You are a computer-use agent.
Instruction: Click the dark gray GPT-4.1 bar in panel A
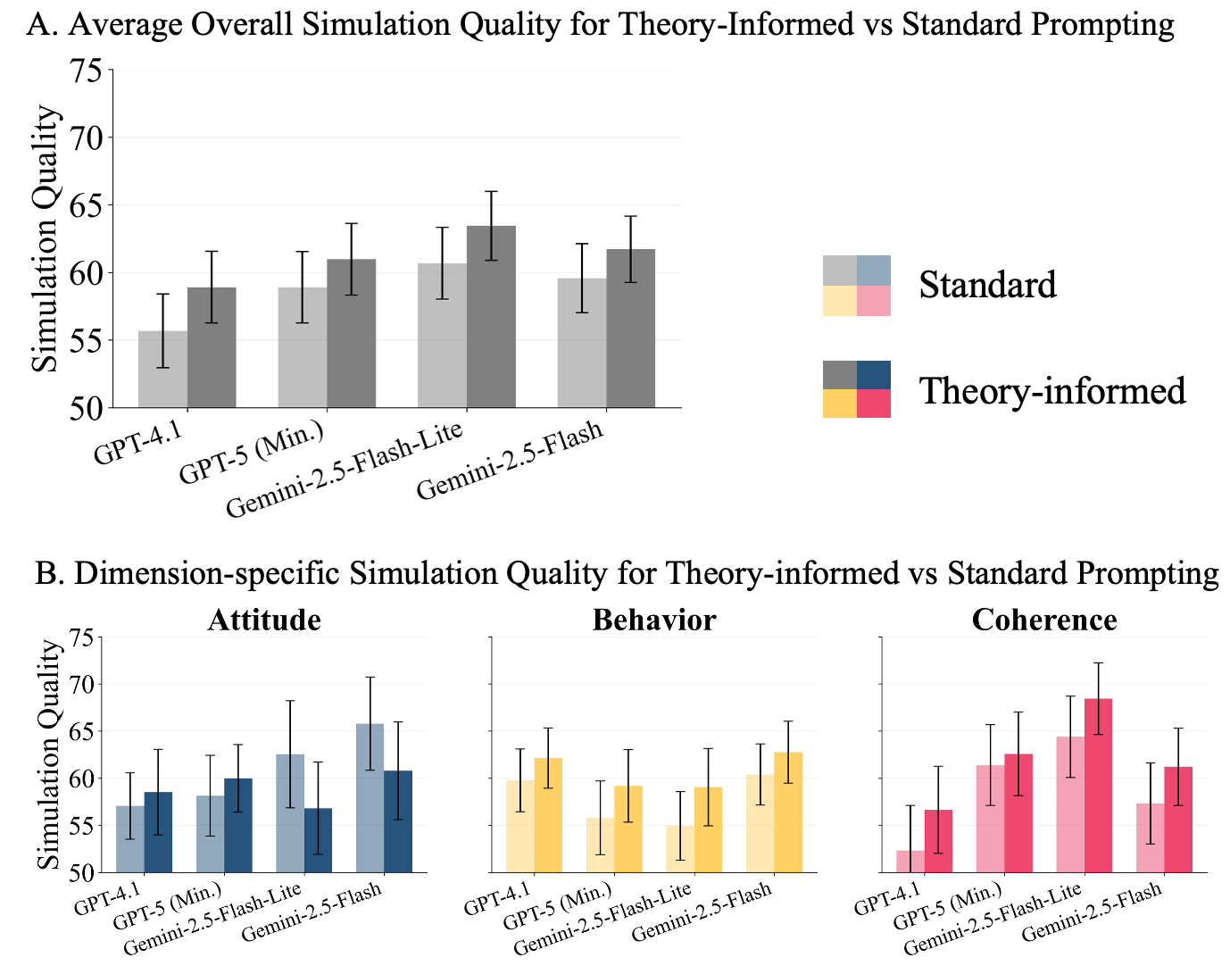(x=212, y=347)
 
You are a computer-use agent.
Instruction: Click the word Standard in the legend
(x=987, y=285)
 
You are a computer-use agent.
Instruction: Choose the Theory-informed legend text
(x=1052, y=391)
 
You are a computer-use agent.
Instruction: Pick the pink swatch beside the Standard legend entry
(x=874, y=301)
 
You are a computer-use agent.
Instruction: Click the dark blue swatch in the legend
(x=874, y=375)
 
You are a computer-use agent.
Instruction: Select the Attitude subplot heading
(x=264, y=620)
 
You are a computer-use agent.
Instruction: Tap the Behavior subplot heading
(x=654, y=620)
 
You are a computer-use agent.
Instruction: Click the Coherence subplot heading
(x=1044, y=620)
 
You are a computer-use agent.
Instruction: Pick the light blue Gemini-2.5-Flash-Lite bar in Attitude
(x=290, y=813)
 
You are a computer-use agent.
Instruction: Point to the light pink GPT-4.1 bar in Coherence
(x=910, y=862)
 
